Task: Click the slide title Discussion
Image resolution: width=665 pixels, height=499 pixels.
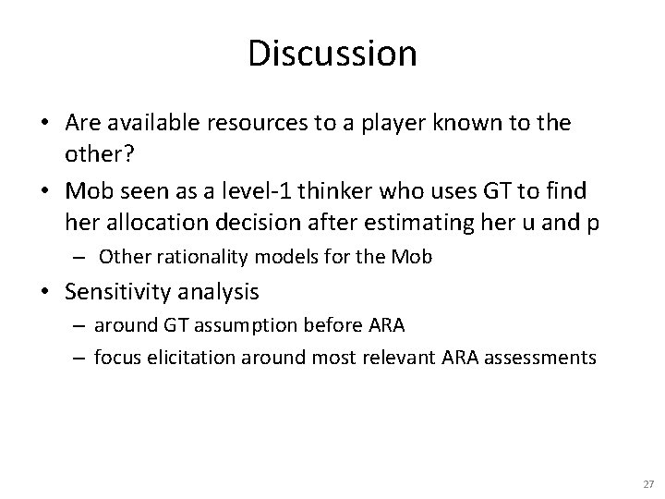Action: tap(332, 54)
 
